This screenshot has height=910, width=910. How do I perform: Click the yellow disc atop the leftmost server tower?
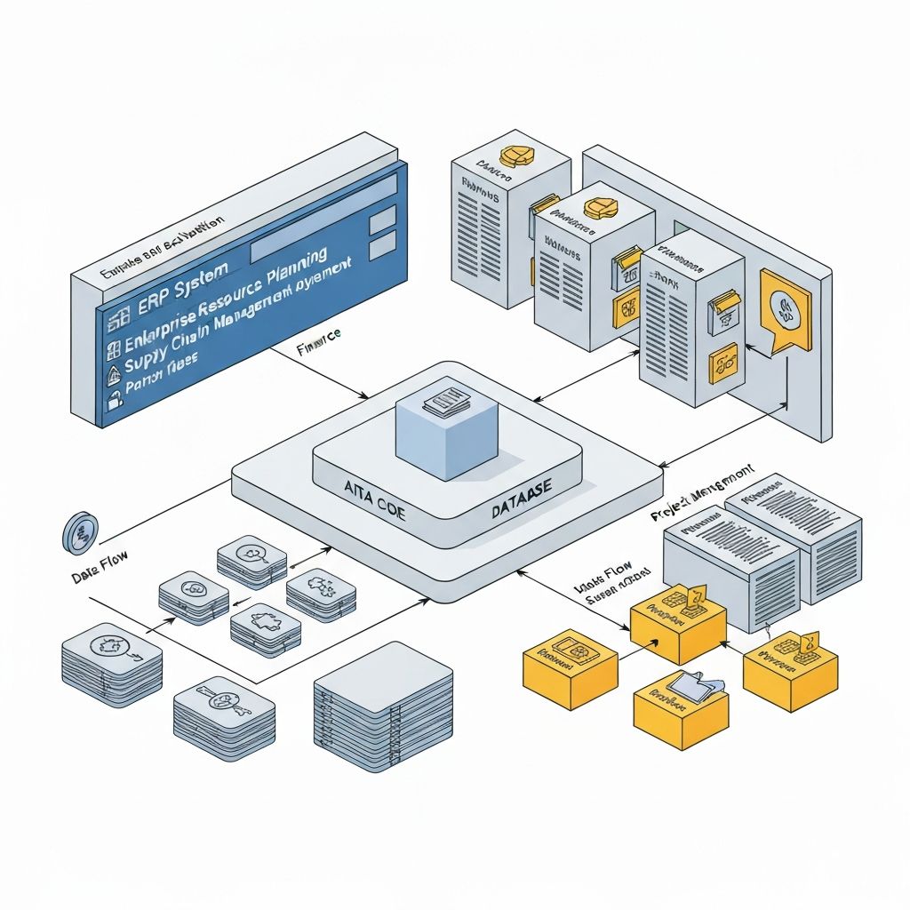coord(514,156)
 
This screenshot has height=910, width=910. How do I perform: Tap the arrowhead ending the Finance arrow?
coord(367,396)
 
